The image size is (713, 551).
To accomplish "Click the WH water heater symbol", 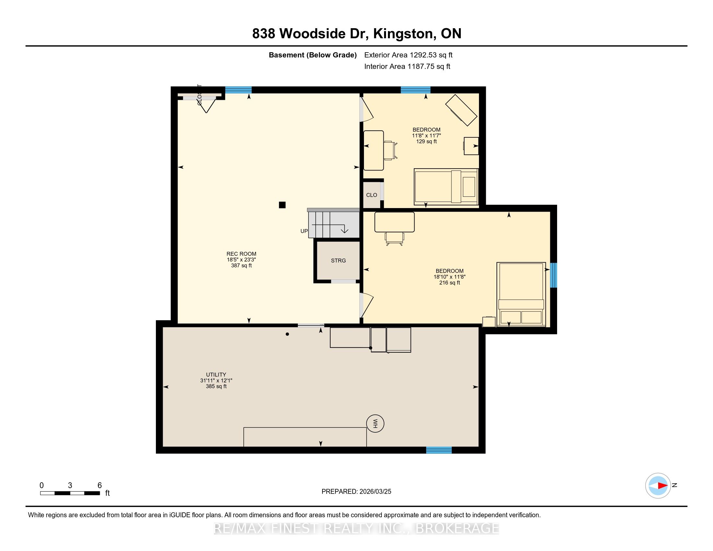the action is point(375,424).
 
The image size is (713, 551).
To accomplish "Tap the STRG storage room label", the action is point(338,261).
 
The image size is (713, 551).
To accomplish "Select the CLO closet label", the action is point(371,195).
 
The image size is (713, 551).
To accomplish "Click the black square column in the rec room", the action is point(282,205).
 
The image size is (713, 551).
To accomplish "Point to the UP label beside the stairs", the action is point(304,231).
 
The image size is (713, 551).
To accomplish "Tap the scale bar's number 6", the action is point(99,485).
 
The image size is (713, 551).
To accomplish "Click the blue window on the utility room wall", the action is point(439,450).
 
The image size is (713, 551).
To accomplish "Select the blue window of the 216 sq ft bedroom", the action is point(553,275).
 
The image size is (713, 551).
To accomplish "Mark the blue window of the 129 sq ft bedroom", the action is point(415,90).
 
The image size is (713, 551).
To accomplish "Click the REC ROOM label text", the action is point(241,254).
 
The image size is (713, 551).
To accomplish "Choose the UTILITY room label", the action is point(216,374).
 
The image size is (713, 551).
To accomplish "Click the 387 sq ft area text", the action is point(241,265).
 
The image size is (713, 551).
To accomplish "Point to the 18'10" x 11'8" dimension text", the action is point(449,277).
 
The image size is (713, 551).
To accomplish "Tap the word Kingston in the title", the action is point(403,34).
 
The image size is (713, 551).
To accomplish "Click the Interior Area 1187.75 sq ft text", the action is point(407,66).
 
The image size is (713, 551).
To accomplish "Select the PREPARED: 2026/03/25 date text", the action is point(356,491).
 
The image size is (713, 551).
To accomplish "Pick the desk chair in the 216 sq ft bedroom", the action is point(394,239).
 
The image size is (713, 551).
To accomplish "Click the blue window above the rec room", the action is point(238,90).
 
